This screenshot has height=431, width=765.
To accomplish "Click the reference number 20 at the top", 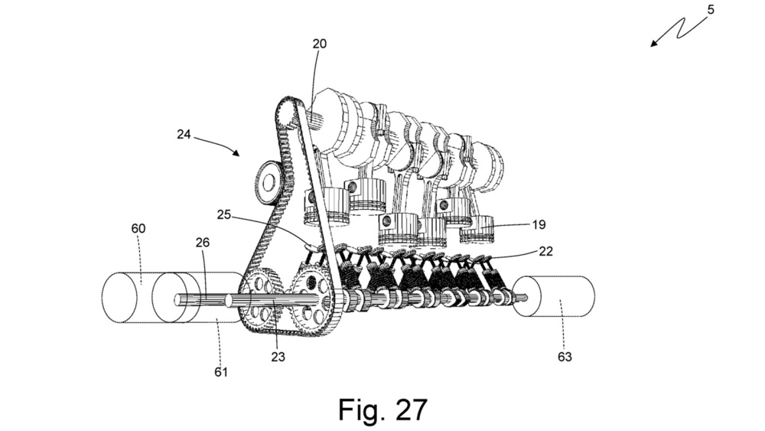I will pyautogui.click(x=319, y=44).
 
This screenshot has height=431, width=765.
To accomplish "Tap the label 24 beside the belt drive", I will pyautogui.click(x=184, y=135).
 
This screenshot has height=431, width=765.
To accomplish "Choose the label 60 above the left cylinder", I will pyautogui.click(x=138, y=229).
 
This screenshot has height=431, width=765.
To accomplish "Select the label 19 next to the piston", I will pyautogui.click(x=540, y=226).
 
